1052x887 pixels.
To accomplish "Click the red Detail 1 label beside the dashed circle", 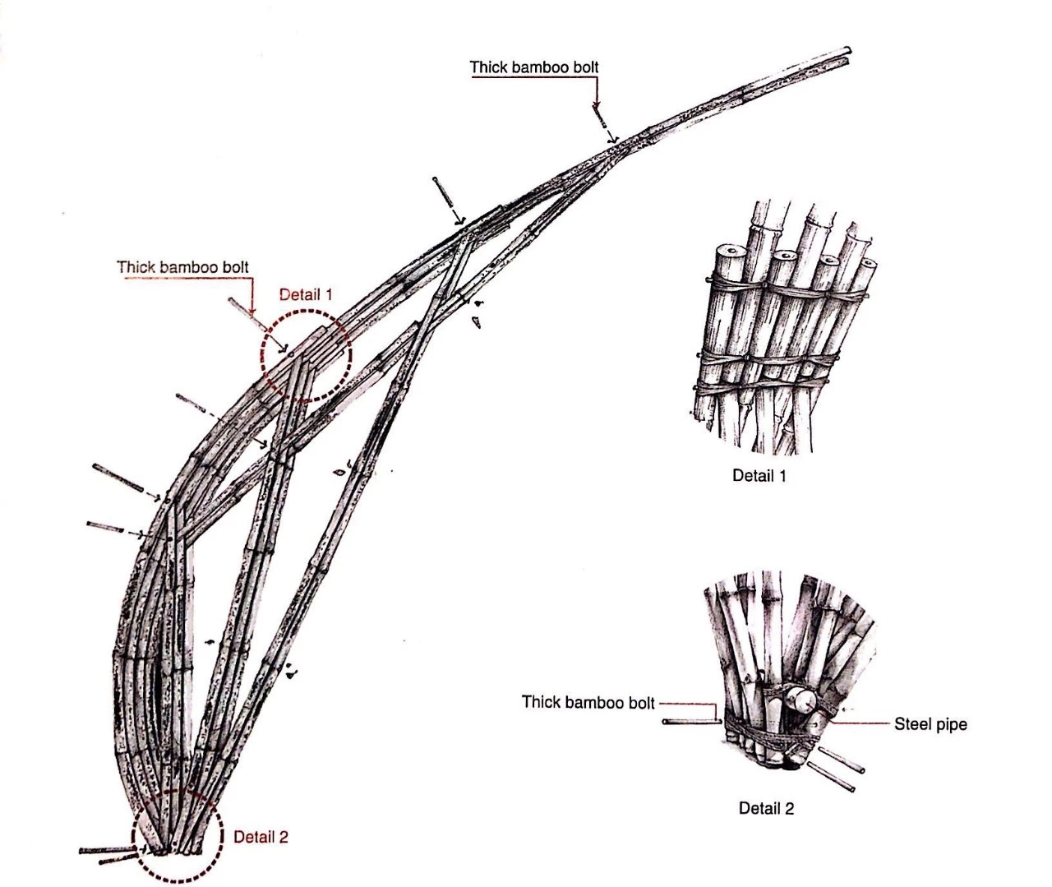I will pyautogui.click(x=307, y=294).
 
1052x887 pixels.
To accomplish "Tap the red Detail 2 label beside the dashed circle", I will pyautogui.click(x=261, y=838).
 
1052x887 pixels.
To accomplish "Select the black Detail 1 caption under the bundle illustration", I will pyautogui.click(x=759, y=475).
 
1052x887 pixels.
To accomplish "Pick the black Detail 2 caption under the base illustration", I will pyautogui.click(x=766, y=808).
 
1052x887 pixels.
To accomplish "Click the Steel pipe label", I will pyautogui.click(x=930, y=725).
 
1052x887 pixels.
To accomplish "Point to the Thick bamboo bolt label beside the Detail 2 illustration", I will pyautogui.click(x=588, y=703).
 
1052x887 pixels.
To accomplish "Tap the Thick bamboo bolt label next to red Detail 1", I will pyautogui.click(x=182, y=267).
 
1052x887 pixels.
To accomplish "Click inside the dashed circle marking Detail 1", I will pyautogui.click(x=306, y=355).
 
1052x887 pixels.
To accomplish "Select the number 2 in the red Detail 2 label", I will pyautogui.click(x=284, y=838).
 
